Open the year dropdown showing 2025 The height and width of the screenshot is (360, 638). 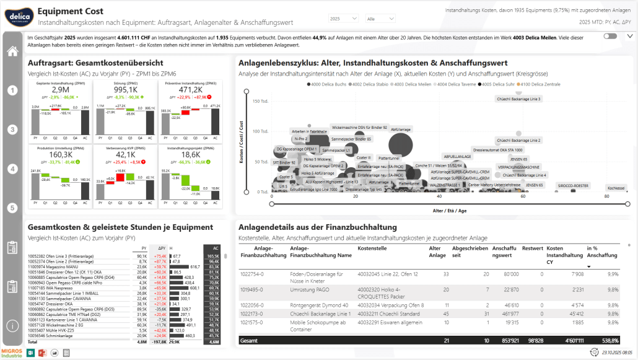click(344, 19)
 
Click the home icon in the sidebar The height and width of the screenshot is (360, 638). click(12, 51)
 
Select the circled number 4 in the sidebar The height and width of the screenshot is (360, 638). click(12, 169)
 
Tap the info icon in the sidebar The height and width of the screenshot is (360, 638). click(12, 325)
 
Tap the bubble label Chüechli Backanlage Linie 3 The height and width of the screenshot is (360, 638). click(518, 99)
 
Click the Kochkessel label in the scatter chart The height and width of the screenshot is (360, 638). click(616, 187)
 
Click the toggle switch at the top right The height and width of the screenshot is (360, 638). click(610, 37)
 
